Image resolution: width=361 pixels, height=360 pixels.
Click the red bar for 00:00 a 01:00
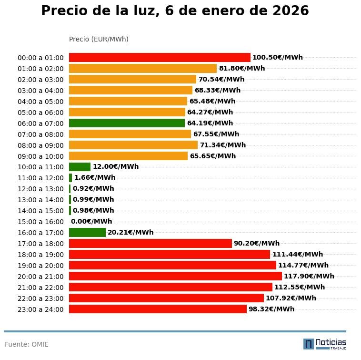tap(160, 57)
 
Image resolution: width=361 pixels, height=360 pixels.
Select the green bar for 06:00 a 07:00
tap(127, 123)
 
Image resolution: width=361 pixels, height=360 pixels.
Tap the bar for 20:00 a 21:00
tap(175, 276)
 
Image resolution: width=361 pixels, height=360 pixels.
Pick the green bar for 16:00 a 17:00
tap(87, 232)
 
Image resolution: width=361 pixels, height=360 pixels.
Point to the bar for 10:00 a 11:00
tap(80, 167)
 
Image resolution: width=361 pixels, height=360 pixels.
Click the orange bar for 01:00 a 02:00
tap(143, 68)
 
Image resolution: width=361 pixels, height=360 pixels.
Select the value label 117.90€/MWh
tap(309, 276)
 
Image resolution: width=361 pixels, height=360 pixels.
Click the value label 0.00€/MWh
tap(91, 221)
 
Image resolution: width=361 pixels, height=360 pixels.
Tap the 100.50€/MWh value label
tap(278, 57)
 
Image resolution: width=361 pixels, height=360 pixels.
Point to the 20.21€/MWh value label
tap(130, 232)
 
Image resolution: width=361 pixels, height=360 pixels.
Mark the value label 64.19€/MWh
tap(210, 123)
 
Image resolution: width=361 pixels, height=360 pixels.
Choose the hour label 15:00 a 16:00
tap(40, 222)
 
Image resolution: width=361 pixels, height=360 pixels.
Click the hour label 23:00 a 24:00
tap(40, 309)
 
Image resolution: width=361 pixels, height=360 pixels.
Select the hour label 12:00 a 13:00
tap(40, 189)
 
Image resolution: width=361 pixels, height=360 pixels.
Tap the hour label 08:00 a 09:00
tap(40, 145)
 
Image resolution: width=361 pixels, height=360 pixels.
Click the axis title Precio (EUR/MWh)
tap(99, 39)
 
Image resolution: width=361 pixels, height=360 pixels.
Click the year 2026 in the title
tap(291, 10)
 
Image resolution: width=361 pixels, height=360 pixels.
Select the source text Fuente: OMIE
tap(27, 344)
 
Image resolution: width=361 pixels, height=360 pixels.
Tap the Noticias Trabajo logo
tap(325, 344)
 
